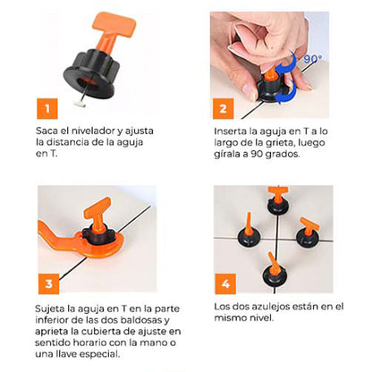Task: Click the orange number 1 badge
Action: click(47, 108)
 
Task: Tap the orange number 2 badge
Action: click(223, 108)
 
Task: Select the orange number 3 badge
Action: click(48, 283)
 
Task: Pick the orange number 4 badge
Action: click(225, 283)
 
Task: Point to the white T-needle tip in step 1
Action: click(80, 104)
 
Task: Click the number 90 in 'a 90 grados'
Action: click(257, 155)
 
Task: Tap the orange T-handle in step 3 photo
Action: click(97, 214)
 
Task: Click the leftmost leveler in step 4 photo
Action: click(249, 230)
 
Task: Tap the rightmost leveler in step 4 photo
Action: click(308, 233)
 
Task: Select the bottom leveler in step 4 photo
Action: click(275, 271)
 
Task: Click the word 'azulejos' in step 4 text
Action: click(272, 307)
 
